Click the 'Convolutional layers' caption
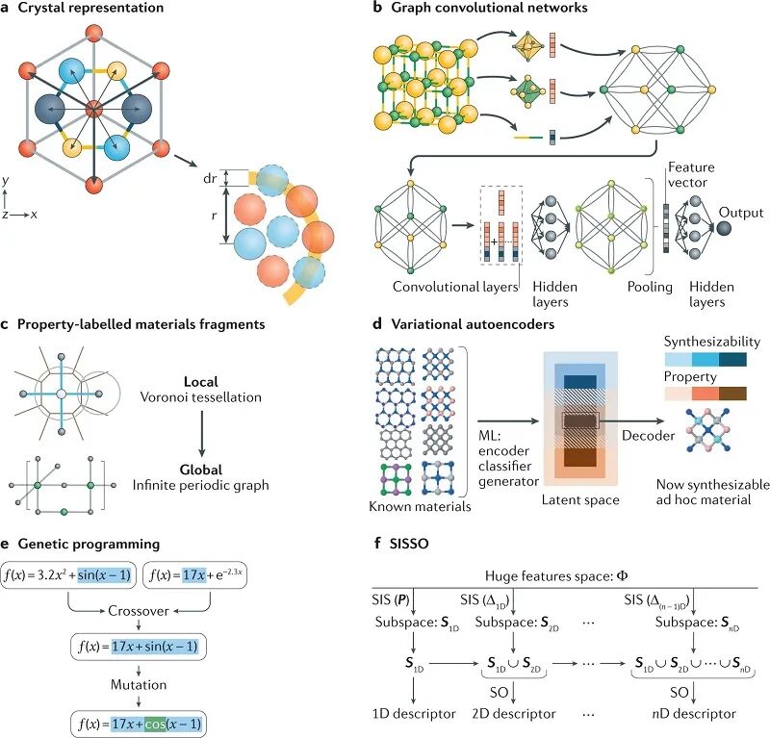click(x=453, y=287)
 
